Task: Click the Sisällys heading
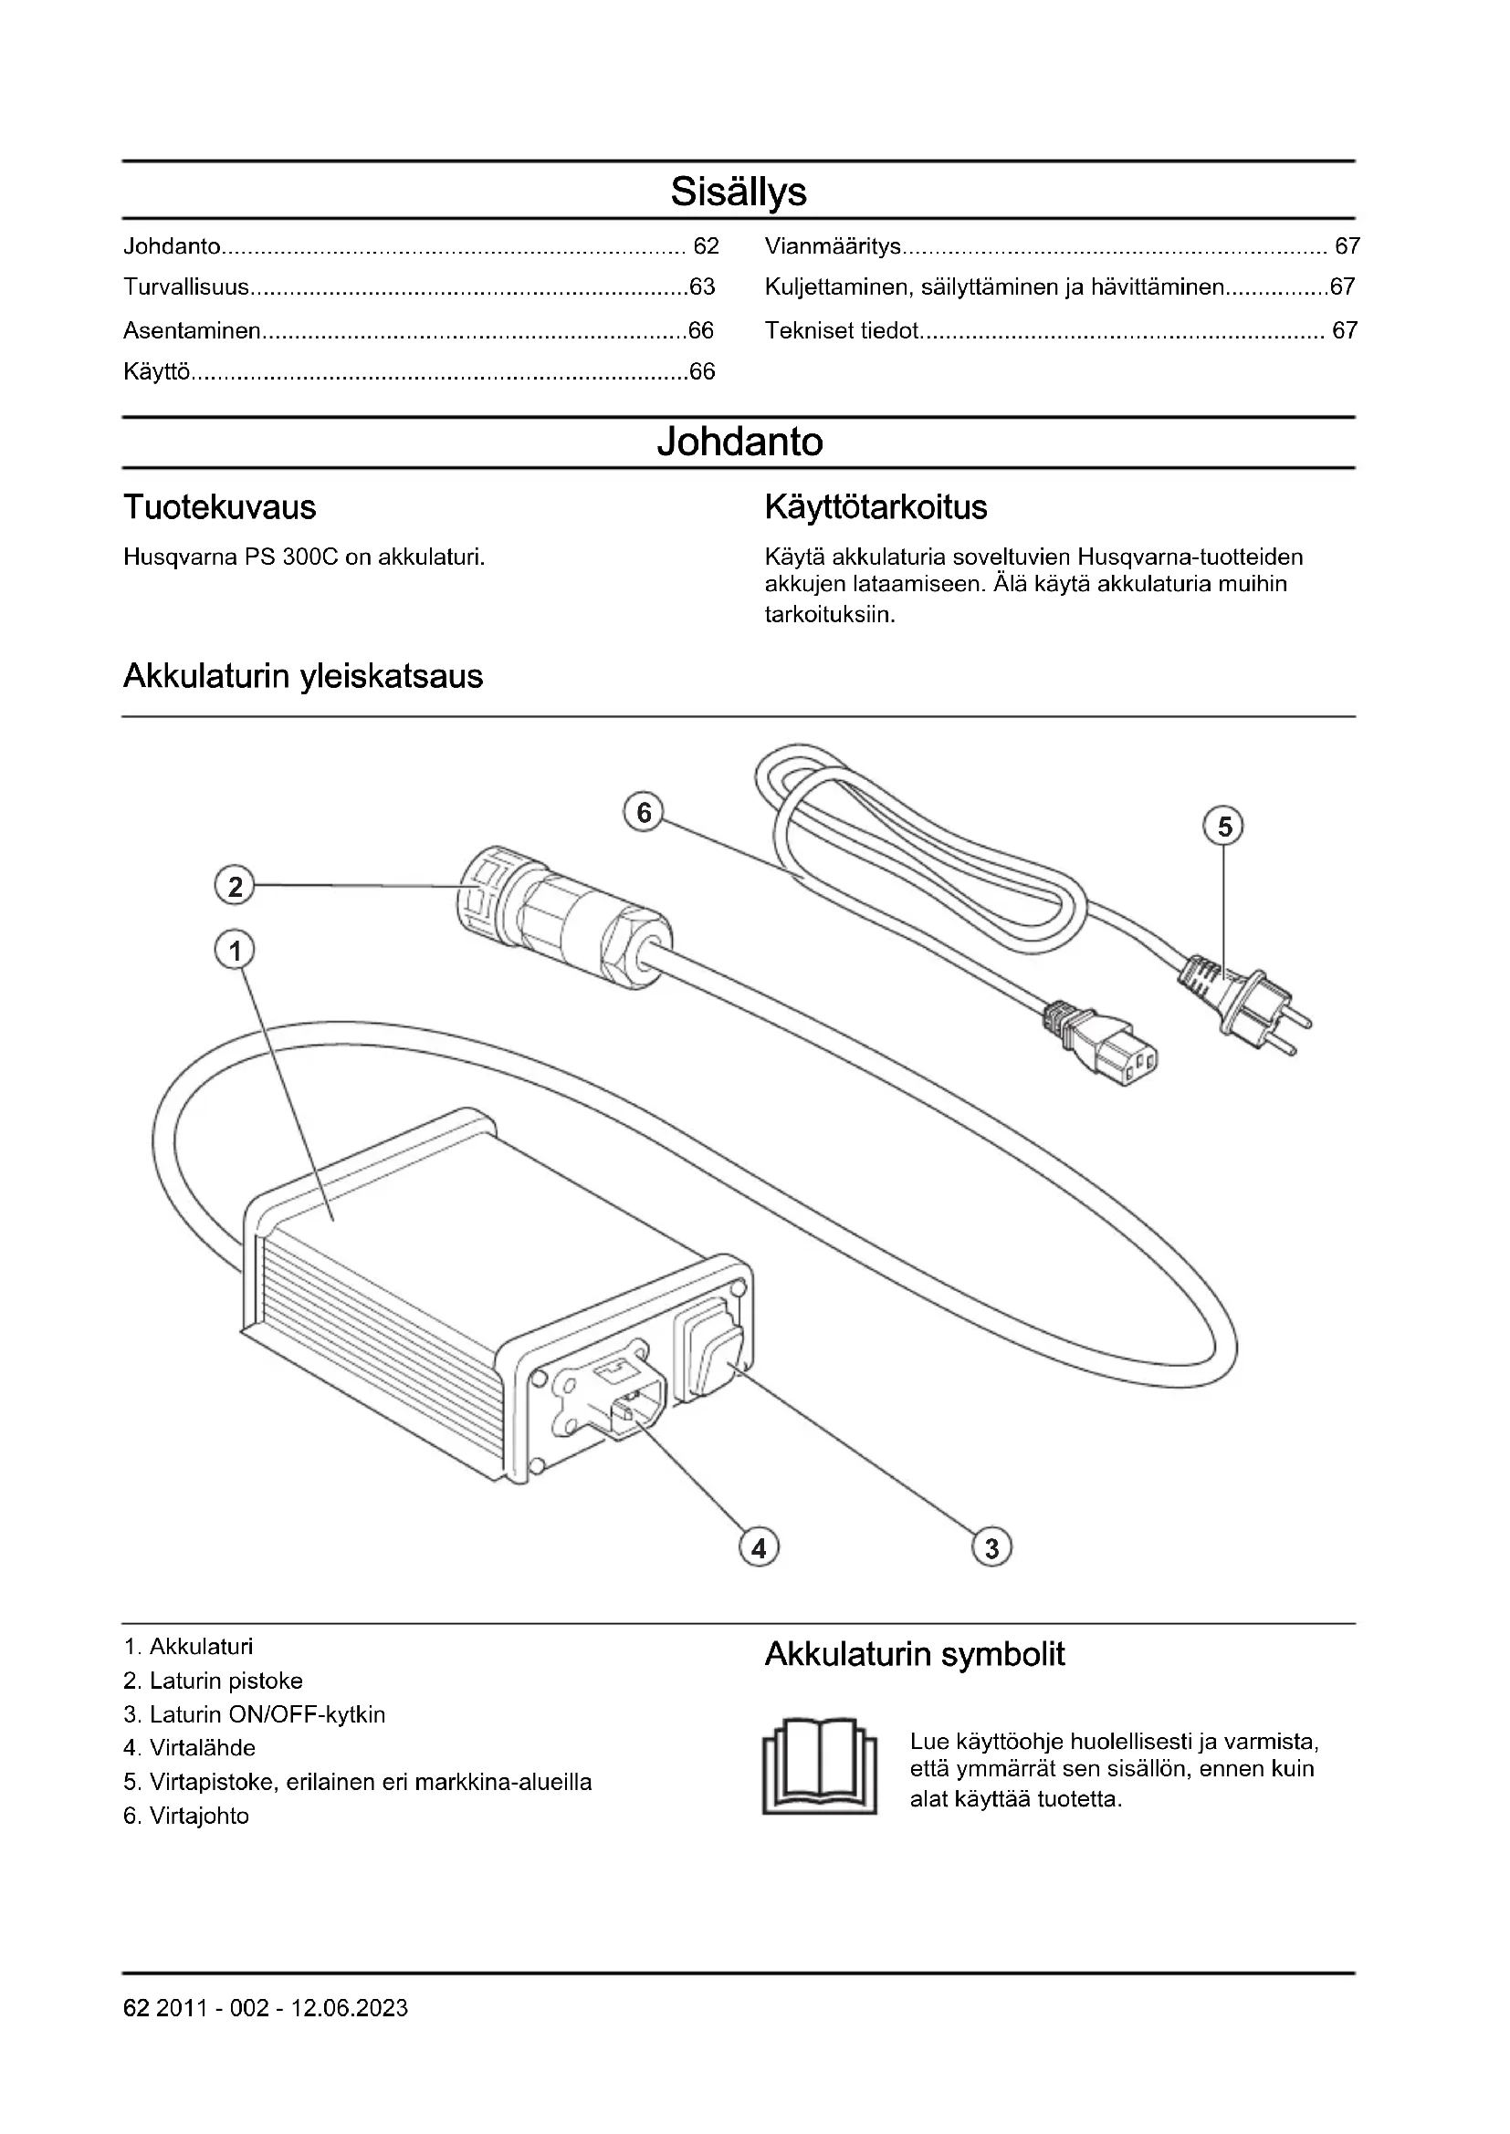point(739,192)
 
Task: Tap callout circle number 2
point(235,886)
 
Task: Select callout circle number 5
point(1223,827)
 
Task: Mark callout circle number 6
point(644,813)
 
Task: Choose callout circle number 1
point(235,951)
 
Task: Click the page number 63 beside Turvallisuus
point(702,287)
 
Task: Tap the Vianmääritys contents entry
point(834,246)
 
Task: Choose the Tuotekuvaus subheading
point(219,507)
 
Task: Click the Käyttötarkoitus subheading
point(876,507)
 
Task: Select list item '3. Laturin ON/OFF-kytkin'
point(254,1715)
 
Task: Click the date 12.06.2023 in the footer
point(350,2035)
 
